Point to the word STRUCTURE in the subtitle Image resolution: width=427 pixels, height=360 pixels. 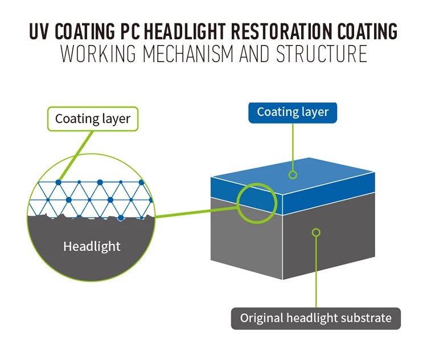(322, 54)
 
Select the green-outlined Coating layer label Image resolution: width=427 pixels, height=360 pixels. (93, 119)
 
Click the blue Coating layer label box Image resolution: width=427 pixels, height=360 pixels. (293, 112)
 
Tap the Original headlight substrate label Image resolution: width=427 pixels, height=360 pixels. (315, 318)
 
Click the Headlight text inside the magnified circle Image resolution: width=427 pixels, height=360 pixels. (92, 247)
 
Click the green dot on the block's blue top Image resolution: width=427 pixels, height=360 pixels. (293, 174)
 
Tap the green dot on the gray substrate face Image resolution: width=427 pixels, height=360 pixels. (317, 232)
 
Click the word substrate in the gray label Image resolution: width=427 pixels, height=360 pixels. (364, 318)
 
